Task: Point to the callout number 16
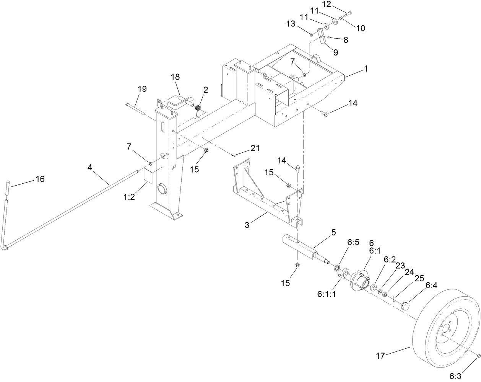40,179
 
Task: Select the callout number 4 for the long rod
89,167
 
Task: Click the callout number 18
175,77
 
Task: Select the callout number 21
255,148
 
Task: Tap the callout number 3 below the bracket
247,225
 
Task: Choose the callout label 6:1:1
327,294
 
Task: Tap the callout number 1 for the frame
366,69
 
